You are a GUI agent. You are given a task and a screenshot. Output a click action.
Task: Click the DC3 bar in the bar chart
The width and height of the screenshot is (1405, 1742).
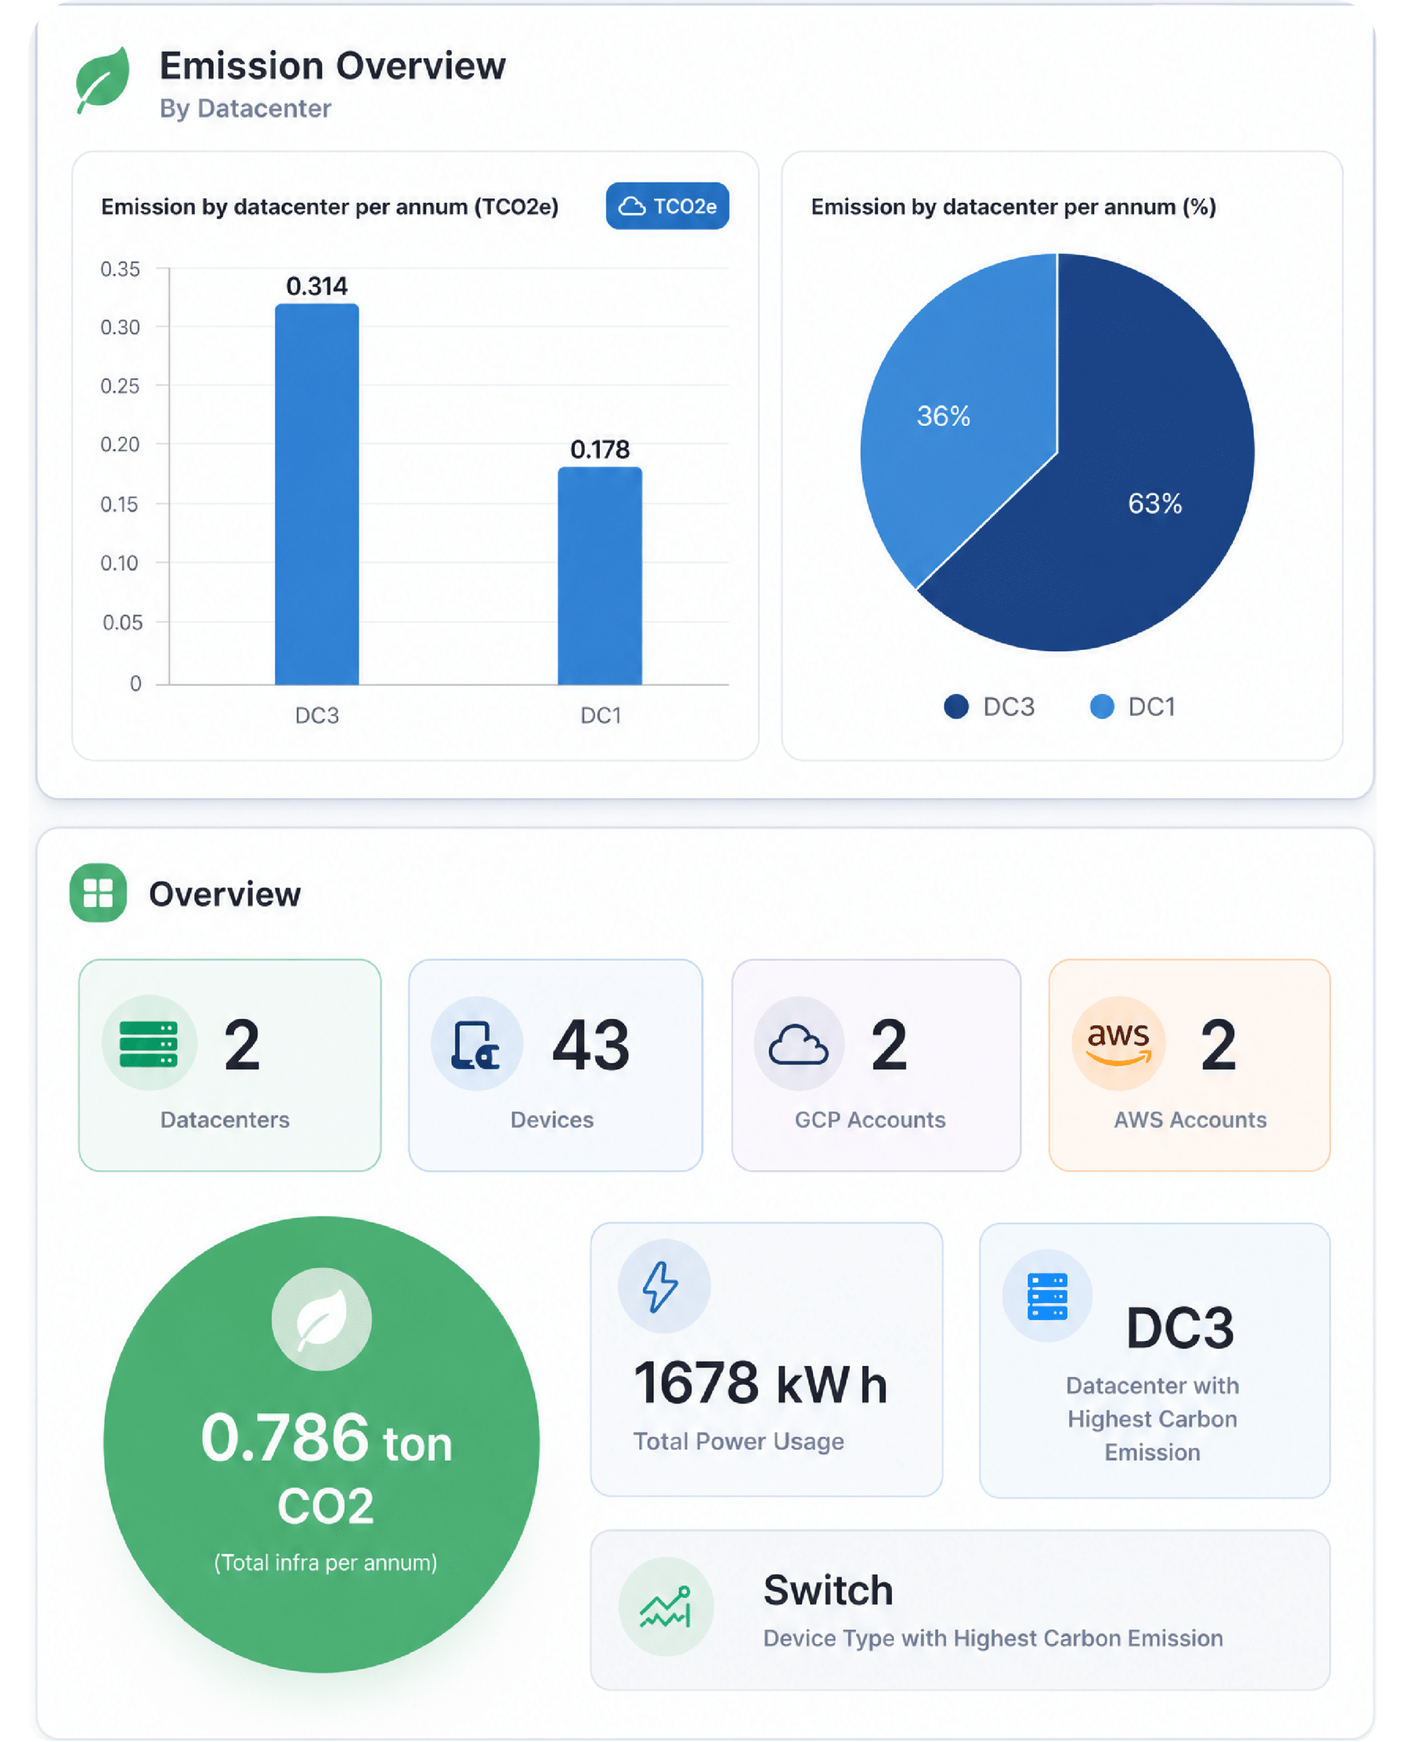tap(317, 495)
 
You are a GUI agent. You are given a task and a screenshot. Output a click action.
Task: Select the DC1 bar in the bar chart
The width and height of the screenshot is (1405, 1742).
tap(600, 576)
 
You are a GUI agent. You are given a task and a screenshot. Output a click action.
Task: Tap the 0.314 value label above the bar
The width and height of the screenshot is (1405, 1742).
tap(317, 286)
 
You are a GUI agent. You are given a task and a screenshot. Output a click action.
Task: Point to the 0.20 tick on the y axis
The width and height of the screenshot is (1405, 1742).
tap(120, 444)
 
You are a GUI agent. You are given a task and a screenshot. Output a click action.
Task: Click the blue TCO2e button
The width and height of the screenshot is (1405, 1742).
tap(667, 206)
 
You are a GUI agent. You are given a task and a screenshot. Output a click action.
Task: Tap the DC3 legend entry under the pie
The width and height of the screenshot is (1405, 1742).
tap(989, 706)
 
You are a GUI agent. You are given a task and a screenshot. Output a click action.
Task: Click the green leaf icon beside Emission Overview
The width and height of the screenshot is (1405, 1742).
tap(103, 80)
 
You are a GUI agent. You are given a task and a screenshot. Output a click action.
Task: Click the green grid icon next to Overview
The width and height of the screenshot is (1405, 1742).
tap(98, 893)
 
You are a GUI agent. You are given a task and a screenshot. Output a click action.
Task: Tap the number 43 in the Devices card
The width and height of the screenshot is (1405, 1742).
tap(591, 1045)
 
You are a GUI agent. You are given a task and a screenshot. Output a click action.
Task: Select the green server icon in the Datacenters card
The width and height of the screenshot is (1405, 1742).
tap(149, 1044)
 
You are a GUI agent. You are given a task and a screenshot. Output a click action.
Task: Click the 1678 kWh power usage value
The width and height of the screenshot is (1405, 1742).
tap(761, 1383)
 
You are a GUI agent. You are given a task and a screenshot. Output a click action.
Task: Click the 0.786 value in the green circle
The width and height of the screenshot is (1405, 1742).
tap(285, 1438)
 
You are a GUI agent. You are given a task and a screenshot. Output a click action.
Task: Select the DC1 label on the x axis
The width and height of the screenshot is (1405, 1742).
tap(600, 715)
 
